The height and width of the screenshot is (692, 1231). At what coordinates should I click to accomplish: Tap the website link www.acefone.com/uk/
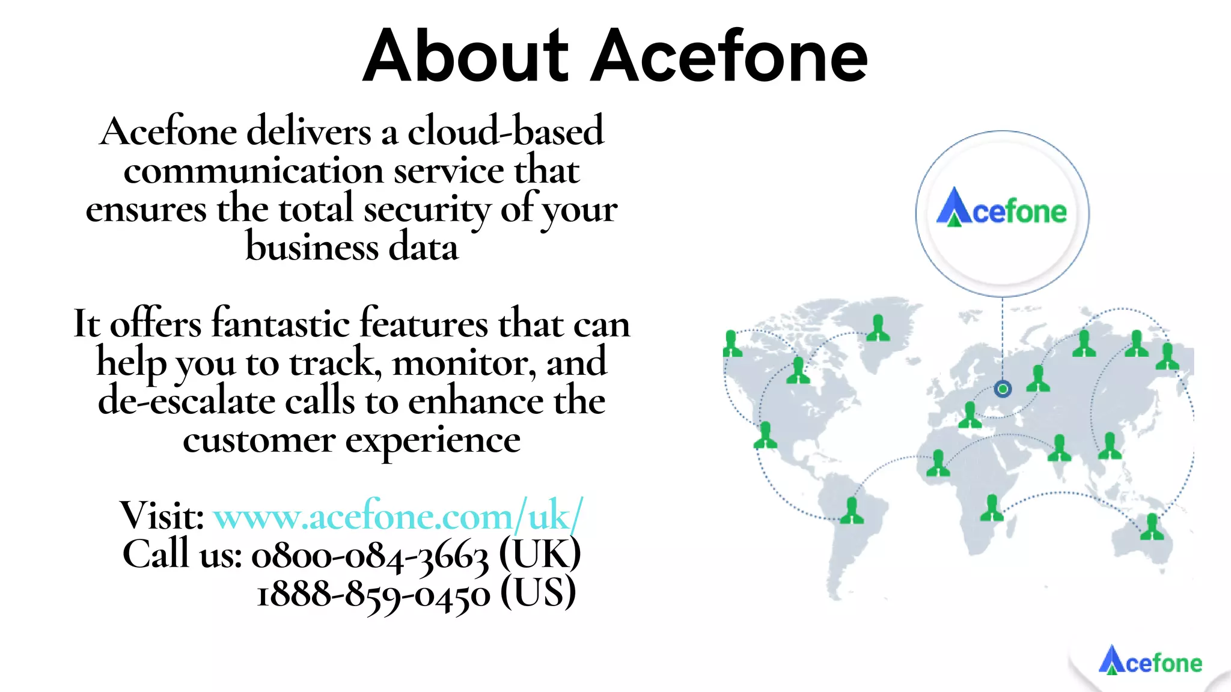[x=398, y=515]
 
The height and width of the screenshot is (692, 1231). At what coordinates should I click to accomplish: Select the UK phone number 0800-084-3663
[x=370, y=555]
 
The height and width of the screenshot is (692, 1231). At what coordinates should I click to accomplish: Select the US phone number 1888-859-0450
[x=373, y=594]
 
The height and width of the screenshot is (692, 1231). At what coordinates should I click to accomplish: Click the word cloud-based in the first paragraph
[x=506, y=131]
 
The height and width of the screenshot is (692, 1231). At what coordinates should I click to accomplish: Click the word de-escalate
[x=186, y=401]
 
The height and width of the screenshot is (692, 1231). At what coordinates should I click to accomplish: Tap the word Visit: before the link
[x=162, y=515]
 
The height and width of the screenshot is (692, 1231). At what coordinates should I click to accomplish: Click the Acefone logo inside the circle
[x=1002, y=209]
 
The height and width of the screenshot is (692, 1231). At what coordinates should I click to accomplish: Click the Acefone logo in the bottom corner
[x=1150, y=661]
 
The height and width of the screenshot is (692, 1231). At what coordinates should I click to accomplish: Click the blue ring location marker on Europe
[x=1003, y=389]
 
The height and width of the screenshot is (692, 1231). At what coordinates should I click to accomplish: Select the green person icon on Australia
[x=1152, y=527]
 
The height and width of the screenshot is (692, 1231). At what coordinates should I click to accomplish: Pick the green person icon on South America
[x=851, y=511]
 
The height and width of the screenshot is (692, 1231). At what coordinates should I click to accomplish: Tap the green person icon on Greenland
[x=878, y=328]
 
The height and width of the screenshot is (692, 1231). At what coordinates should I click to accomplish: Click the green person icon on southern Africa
[x=992, y=508]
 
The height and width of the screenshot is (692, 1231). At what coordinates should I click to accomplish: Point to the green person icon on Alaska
[x=732, y=344]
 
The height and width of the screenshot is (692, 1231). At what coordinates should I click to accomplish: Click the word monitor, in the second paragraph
[x=463, y=363]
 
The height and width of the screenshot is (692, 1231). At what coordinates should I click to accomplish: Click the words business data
[x=352, y=247]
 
